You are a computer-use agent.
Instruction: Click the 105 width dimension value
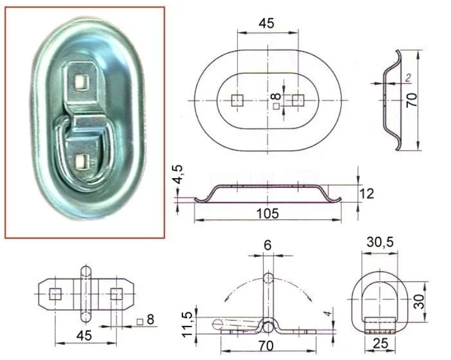tap(267, 213)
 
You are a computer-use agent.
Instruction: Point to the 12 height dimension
tap(367, 193)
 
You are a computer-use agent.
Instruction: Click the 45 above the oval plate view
tap(266, 23)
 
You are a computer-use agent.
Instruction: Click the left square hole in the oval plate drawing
tap(238, 101)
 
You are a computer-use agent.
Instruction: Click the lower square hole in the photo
tap(81, 161)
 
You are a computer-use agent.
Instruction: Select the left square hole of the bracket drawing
tap(56, 294)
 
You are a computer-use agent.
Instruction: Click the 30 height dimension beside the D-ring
tap(418, 300)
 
